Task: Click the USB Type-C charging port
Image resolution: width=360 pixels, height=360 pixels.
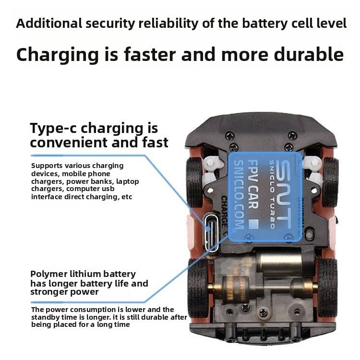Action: coord(212,232)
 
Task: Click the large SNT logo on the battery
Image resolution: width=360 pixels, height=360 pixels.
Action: coord(283,193)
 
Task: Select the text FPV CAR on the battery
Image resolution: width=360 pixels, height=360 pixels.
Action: coord(253,184)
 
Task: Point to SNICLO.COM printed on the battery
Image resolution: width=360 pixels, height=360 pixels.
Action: coord(239,195)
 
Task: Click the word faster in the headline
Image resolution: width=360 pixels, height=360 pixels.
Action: coord(150,55)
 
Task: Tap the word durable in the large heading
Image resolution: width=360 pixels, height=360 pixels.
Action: coord(309,55)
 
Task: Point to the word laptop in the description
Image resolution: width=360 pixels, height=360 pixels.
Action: coord(127,181)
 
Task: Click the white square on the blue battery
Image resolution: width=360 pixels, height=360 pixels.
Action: coord(254,224)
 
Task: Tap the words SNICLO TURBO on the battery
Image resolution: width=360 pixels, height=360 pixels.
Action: coord(272,194)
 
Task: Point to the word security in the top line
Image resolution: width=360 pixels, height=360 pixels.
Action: coord(110,24)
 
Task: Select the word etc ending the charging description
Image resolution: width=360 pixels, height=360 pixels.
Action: coord(127,197)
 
